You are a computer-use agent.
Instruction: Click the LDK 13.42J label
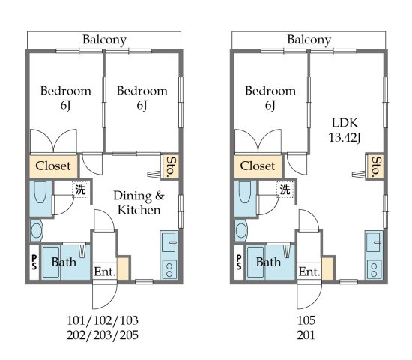(345, 130)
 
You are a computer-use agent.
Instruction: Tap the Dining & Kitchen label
(139, 202)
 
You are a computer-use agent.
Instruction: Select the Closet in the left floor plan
(53, 166)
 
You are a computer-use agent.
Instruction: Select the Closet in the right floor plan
(258, 166)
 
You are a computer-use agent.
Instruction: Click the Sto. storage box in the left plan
(171, 166)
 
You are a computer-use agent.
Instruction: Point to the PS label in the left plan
(34, 262)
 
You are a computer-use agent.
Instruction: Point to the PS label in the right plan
(238, 262)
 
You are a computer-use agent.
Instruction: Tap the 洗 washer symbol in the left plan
(80, 190)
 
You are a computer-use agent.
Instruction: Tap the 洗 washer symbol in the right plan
(285, 190)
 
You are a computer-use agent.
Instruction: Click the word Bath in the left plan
(64, 262)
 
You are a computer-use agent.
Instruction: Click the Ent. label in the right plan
(309, 271)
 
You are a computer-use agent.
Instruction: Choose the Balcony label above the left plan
(105, 40)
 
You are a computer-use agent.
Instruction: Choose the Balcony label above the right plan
(309, 40)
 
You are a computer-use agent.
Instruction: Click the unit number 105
(306, 320)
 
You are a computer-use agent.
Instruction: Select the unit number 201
(306, 335)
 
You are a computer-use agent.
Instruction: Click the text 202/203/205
(103, 335)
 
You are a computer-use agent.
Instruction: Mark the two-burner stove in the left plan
(169, 269)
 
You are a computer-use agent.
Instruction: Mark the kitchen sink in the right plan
(373, 242)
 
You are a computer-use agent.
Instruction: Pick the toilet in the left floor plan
(36, 231)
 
